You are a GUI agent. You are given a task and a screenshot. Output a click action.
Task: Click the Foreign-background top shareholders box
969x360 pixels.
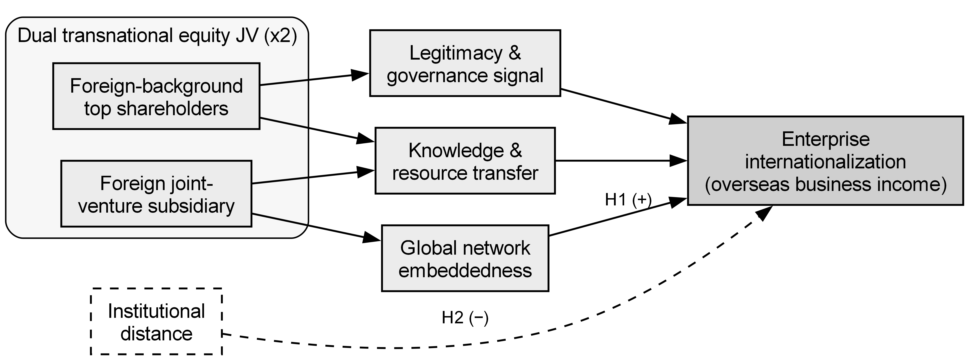pyautogui.click(x=156, y=96)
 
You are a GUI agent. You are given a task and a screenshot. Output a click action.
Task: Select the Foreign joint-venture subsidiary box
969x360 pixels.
pyautogui.click(x=156, y=194)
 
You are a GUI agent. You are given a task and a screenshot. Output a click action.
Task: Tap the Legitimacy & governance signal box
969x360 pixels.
pyautogui.click(x=465, y=63)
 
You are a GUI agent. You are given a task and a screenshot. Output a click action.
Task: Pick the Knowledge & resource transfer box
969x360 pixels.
pyautogui.click(x=465, y=161)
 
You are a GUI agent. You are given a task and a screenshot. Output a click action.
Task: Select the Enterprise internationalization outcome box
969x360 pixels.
pyautogui.click(x=826, y=161)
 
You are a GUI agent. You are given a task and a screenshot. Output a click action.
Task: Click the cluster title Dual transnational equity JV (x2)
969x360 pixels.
pyautogui.click(x=157, y=36)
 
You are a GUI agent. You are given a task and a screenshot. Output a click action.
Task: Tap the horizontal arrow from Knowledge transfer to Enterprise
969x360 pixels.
pyautogui.click(x=621, y=161)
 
